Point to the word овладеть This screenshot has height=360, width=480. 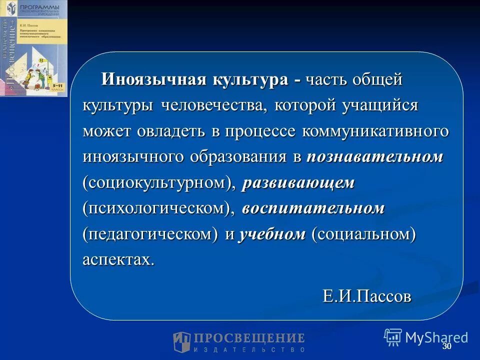click(x=168, y=131)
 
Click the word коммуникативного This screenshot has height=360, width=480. click(x=375, y=131)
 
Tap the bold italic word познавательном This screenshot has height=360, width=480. click(x=374, y=157)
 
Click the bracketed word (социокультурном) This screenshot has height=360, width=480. click(x=159, y=183)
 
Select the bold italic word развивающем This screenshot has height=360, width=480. click(x=298, y=183)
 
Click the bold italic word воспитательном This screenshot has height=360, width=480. click(x=313, y=209)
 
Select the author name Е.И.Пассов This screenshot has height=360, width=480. click(x=367, y=296)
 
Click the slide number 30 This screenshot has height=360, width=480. click(x=446, y=347)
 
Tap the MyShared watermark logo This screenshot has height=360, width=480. click(x=426, y=337)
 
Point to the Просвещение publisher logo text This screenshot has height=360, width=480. click(x=239, y=341)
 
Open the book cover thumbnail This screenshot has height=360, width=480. click(x=33, y=48)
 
